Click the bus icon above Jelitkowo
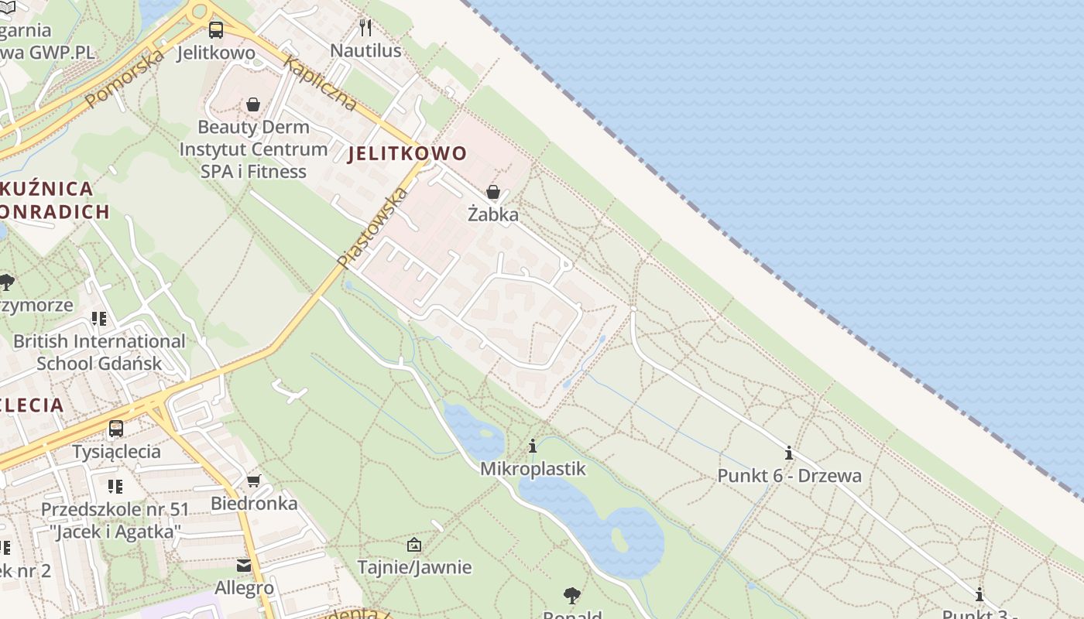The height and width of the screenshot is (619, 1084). (x=215, y=30)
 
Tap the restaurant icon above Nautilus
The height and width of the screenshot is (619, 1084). (x=365, y=28)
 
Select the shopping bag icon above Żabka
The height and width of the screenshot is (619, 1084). (x=493, y=192)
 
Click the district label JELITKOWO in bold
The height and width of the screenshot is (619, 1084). (x=407, y=153)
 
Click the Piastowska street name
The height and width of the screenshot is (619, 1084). (x=372, y=228)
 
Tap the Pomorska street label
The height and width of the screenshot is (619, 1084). (x=125, y=78)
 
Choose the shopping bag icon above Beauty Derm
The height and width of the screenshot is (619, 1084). (x=253, y=104)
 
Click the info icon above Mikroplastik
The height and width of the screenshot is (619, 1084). (x=533, y=446)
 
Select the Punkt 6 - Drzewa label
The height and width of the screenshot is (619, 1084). (x=789, y=475)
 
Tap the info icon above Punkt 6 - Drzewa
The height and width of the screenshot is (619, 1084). (x=789, y=453)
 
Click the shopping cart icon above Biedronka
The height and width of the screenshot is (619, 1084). (x=253, y=480)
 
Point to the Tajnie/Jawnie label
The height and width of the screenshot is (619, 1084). (x=414, y=567)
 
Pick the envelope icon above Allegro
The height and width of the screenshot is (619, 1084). (x=244, y=566)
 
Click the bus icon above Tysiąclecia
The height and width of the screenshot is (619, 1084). (x=116, y=428)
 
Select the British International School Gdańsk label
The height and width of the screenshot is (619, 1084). (x=99, y=352)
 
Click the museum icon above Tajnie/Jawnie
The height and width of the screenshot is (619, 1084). (x=414, y=545)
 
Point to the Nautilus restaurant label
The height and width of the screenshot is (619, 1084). (x=365, y=51)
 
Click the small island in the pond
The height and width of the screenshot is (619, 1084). (x=619, y=539)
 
